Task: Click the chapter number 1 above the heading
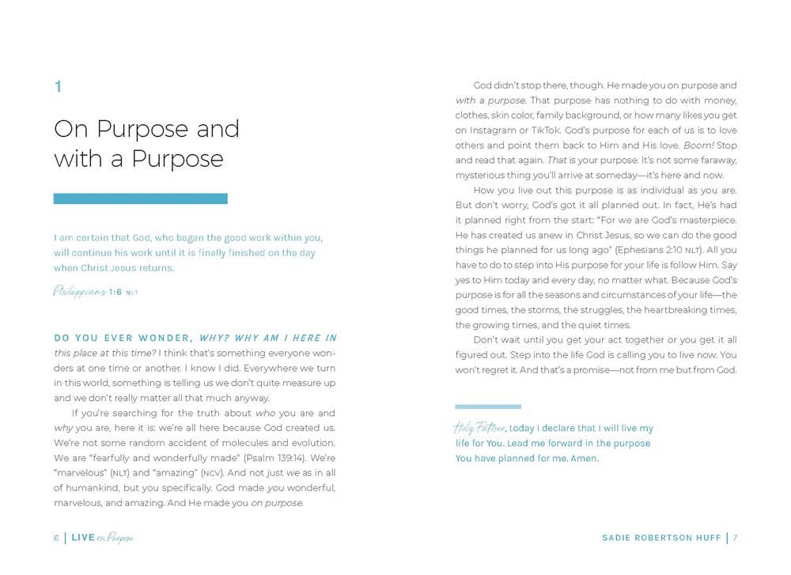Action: tap(58, 87)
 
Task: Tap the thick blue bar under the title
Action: tap(140, 199)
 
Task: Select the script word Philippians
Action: tap(79, 291)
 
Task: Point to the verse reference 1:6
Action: tap(115, 292)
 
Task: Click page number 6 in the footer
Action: tap(56, 538)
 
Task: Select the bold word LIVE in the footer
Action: tap(82, 538)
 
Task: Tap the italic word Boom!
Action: tap(698, 146)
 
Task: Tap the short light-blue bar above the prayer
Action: tap(488, 407)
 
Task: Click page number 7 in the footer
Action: tap(735, 538)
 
